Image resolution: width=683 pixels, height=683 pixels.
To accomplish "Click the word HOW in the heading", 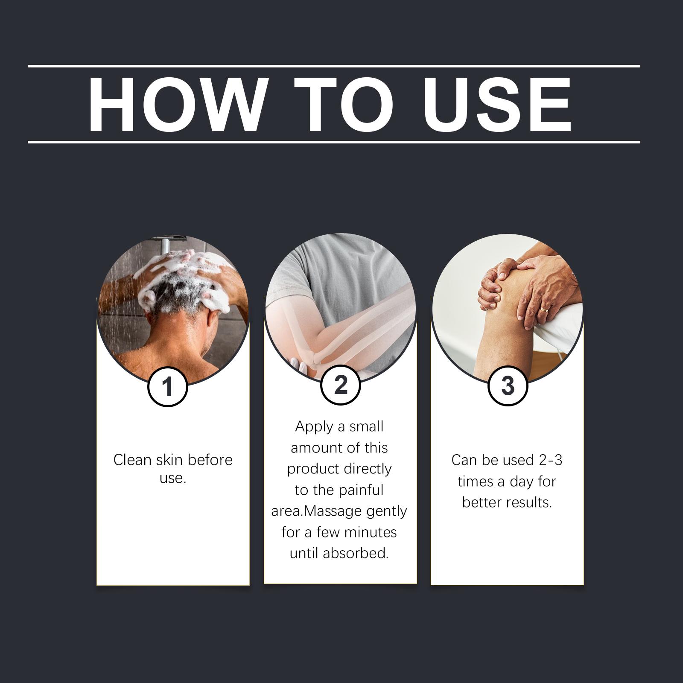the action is click(x=176, y=105).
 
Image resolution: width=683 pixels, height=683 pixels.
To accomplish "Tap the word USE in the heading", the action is click(x=497, y=105).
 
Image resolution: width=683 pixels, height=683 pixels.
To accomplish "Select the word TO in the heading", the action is click(x=343, y=105).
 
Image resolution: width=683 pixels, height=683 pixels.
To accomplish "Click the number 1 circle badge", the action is click(x=167, y=387).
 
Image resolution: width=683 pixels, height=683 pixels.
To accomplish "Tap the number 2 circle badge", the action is click(x=341, y=385).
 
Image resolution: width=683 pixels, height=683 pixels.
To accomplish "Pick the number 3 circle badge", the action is click(x=508, y=385).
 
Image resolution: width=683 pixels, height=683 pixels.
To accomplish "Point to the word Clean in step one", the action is click(x=132, y=460).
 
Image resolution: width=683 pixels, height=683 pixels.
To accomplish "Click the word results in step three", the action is click(x=531, y=502).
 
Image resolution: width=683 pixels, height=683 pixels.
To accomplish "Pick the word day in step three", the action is click(x=522, y=482).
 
